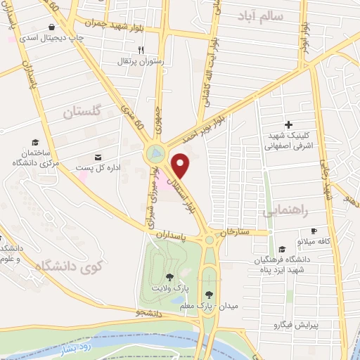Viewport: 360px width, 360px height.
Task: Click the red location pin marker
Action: click(181, 165)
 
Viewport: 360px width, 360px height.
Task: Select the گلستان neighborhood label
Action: click(82, 112)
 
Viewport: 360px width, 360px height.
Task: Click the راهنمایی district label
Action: click(286, 210)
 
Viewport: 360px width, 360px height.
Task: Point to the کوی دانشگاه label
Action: click(68, 266)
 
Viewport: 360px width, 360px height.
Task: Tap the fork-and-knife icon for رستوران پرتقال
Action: click(141, 50)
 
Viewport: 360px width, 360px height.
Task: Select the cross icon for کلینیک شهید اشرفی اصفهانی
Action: click(288, 124)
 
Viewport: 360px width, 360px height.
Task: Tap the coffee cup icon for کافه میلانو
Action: click(314, 231)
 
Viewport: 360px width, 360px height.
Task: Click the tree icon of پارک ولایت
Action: click(169, 276)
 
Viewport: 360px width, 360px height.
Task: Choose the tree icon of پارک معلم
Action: click(209, 294)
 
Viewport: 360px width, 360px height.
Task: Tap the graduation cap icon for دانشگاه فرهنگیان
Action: click(282, 249)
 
